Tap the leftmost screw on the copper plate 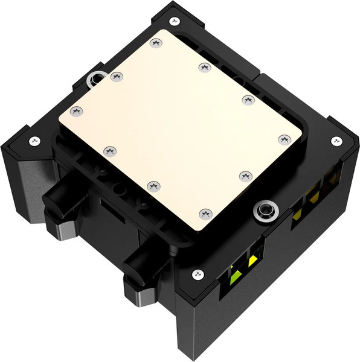click(76, 111)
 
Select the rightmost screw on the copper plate click(285, 139)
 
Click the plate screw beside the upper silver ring click(117, 76)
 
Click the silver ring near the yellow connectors click(264, 211)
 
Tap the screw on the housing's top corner click(175, 21)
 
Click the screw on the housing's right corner click(336, 141)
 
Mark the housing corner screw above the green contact click(198, 275)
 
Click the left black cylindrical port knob click(58, 196)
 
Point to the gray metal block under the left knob click(57, 229)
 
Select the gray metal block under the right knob click(140, 297)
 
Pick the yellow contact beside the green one click(252, 261)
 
